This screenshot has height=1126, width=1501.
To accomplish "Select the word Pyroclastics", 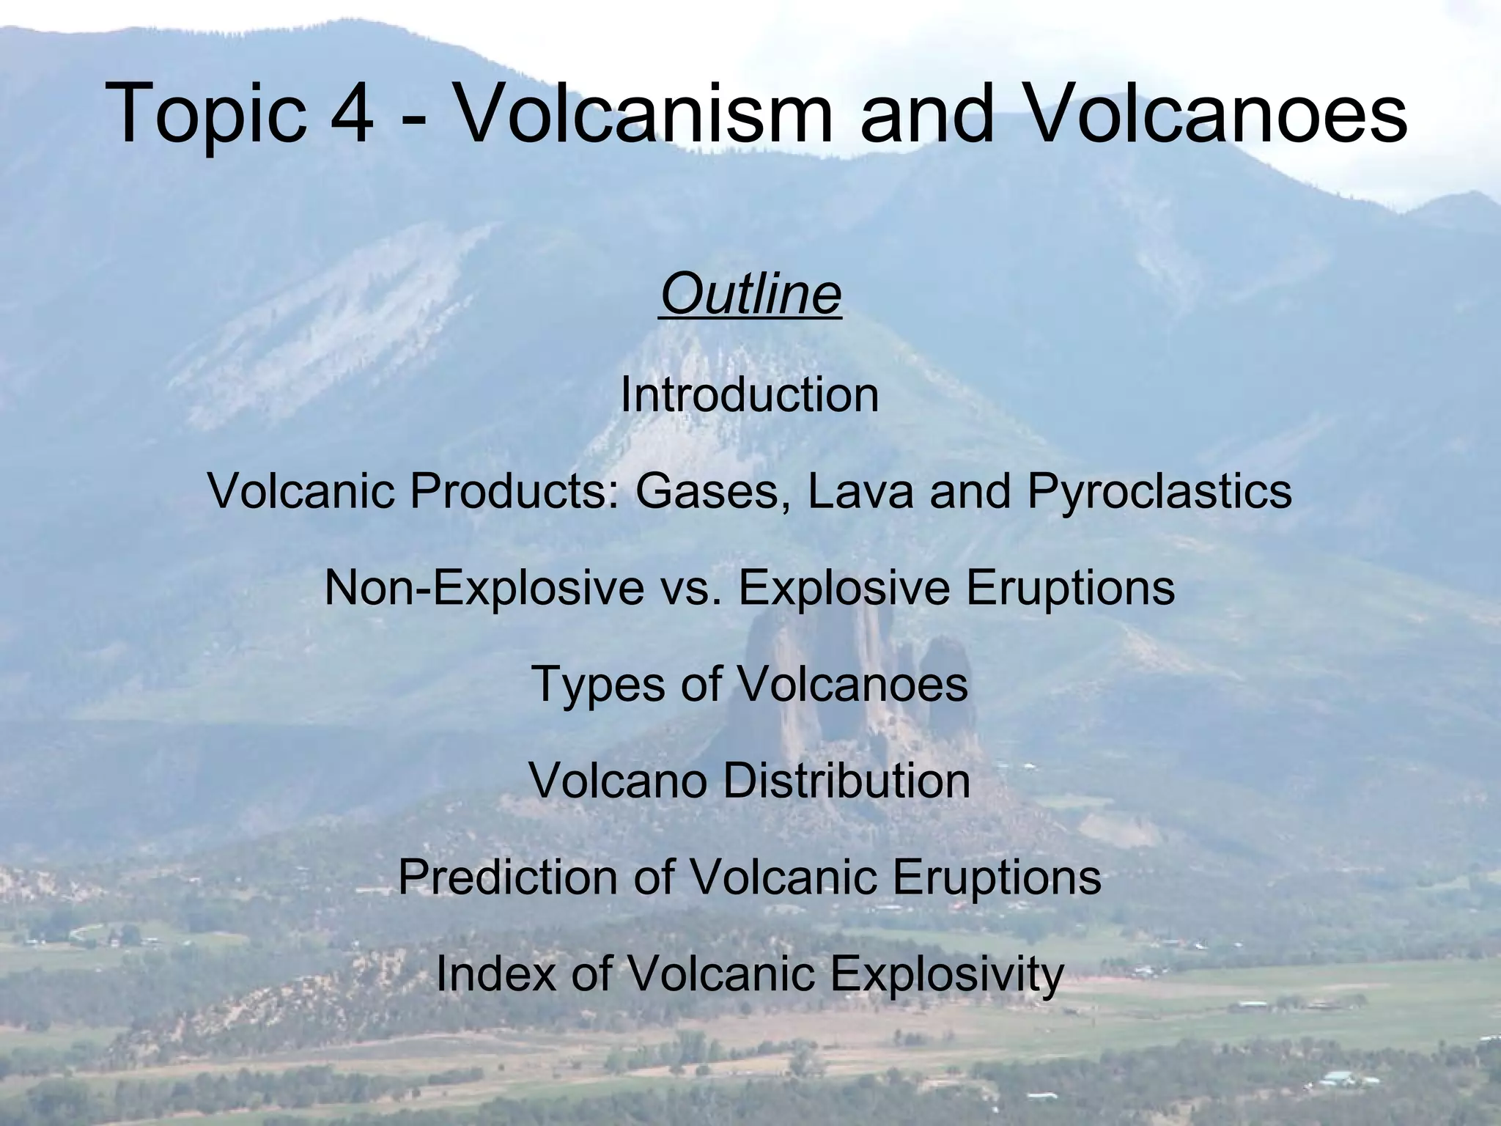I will coord(1159,491).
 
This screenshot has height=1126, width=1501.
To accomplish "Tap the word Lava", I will coord(860,491).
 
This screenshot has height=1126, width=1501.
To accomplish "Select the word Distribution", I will coord(847,781).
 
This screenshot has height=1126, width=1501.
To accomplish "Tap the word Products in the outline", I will coord(512,491).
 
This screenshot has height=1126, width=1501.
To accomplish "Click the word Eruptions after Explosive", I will coord(1070,588).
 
